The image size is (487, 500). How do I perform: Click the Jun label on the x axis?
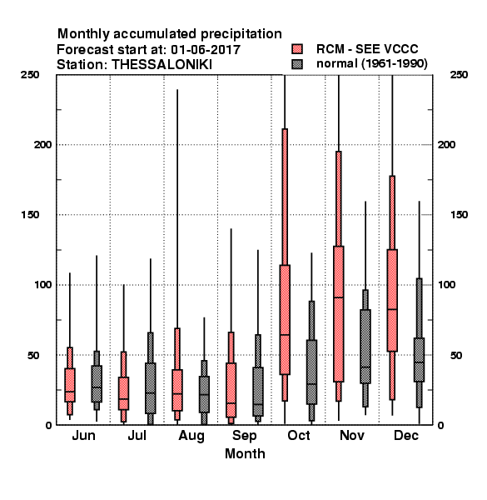click(x=83, y=436)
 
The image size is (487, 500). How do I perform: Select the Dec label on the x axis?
click(x=406, y=436)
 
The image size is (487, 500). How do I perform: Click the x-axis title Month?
click(x=245, y=454)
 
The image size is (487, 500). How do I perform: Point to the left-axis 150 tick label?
click(x=31, y=215)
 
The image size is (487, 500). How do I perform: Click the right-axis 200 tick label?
click(x=446, y=145)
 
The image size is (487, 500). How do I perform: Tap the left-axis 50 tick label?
click(x=33, y=355)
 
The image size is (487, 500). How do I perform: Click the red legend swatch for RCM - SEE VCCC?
click(x=297, y=49)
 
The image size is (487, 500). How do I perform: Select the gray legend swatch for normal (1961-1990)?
click(x=297, y=64)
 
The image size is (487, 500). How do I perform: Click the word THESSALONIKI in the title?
click(x=162, y=65)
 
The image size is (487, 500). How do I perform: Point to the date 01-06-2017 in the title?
click(x=206, y=50)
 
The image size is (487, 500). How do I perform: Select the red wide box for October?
click(x=285, y=319)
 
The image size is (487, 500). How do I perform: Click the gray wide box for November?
click(x=365, y=347)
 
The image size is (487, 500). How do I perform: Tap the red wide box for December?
click(x=392, y=300)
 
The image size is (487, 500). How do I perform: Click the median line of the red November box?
click(x=339, y=297)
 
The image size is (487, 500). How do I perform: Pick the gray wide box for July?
click(x=151, y=388)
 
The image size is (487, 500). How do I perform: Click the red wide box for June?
click(x=70, y=385)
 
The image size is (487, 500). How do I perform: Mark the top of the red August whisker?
click(x=177, y=90)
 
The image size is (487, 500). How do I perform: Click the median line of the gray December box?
click(x=420, y=362)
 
